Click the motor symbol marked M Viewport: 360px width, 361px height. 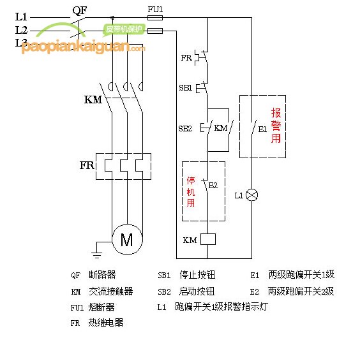pos(126,240)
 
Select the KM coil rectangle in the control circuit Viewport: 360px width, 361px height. pos(208,240)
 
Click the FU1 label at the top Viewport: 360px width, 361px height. pos(155,10)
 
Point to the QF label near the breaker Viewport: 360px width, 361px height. pos(80,10)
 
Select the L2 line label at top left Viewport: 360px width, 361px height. pos(22,29)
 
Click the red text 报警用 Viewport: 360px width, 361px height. pos(276,125)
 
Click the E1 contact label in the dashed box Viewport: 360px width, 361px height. pos(262,129)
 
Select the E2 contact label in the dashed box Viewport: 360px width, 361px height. pos(213,186)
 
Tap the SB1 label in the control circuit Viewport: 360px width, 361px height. pos(185,87)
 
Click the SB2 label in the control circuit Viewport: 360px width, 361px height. pos(184,128)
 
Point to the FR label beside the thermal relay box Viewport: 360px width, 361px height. pos(87,166)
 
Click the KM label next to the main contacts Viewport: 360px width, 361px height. pos(93,100)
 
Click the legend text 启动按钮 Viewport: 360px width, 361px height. pos(197,291)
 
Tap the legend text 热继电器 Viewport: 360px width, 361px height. pos(106,323)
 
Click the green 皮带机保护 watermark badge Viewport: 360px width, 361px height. pos(123,29)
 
